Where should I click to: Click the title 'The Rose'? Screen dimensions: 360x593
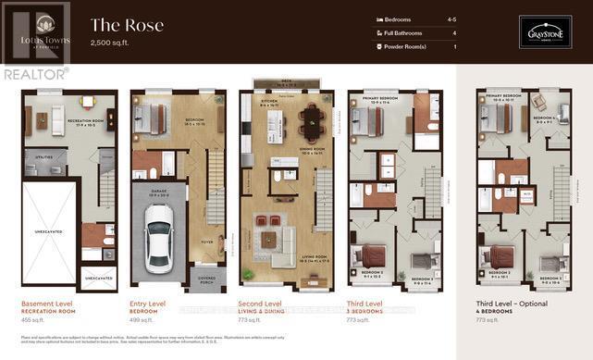[127, 25]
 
